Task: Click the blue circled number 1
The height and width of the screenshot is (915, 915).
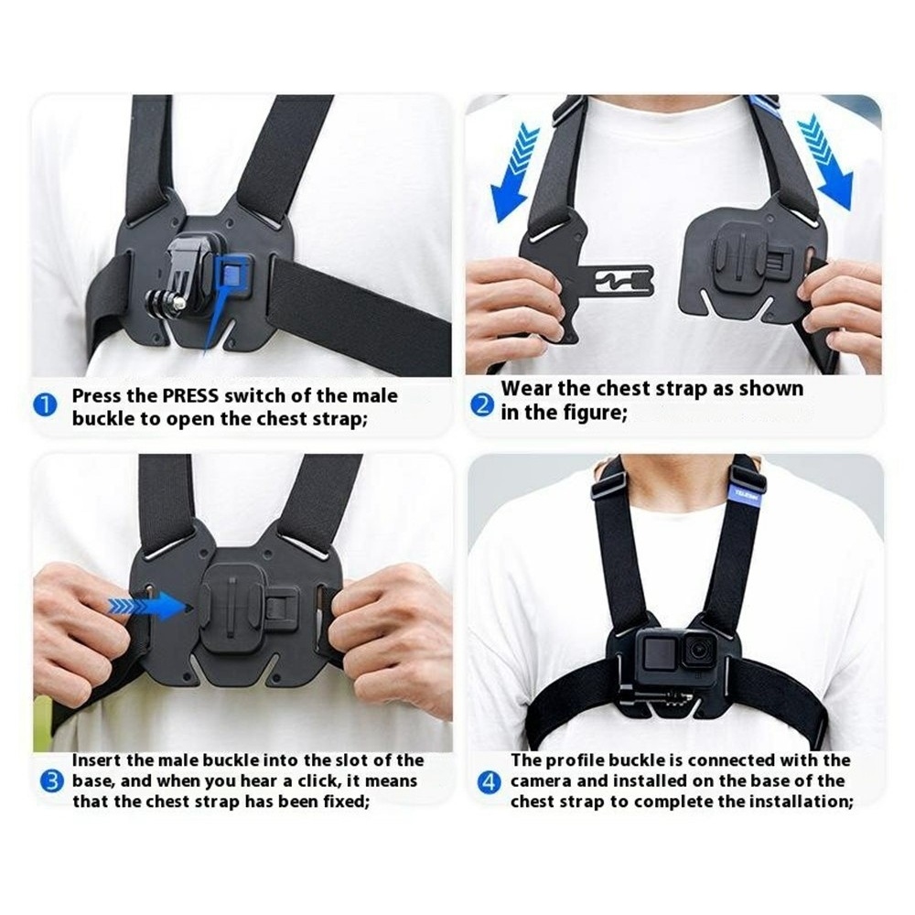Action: (x=46, y=405)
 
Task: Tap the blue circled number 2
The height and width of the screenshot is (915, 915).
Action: (x=482, y=404)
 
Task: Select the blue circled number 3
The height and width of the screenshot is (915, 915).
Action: (x=52, y=780)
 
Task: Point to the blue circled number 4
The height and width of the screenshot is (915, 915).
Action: (x=489, y=782)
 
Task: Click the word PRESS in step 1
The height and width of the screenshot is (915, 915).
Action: (x=190, y=395)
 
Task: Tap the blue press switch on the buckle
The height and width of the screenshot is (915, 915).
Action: (x=232, y=273)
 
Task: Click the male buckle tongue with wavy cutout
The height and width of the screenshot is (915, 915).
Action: (x=619, y=281)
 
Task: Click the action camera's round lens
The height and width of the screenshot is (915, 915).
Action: (x=698, y=649)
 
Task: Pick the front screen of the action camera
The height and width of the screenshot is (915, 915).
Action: (x=660, y=652)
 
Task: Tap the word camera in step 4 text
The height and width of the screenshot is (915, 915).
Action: (x=542, y=781)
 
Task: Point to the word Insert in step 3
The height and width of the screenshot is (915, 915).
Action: (x=96, y=760)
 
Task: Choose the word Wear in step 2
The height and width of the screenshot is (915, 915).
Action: (x=527, y=389)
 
